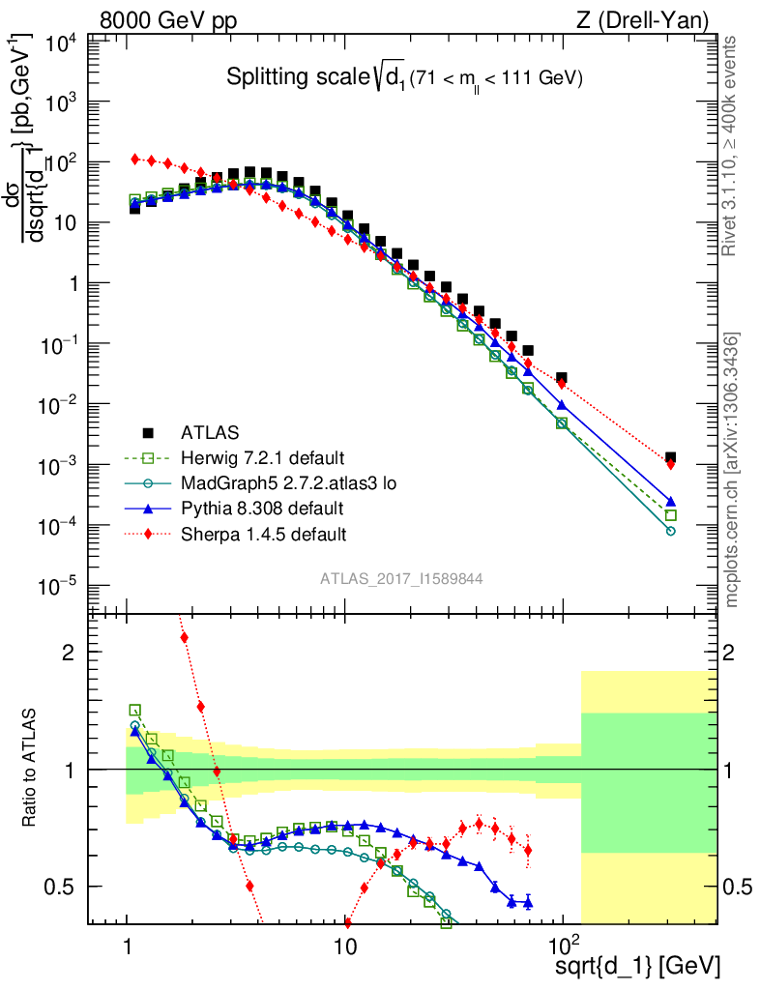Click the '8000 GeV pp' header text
click(x=168, y=19)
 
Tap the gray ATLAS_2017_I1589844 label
click(x=401, y=578)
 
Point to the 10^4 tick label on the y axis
click(x=58, y=43)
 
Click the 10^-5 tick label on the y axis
click(x=58, y=587)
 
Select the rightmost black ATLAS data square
click(x=670, y=457)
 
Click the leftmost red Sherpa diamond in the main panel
click(x=135, y=159)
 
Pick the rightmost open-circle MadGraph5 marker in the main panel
click(x=670, y=531)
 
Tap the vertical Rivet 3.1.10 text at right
click(x=730, y=145)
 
